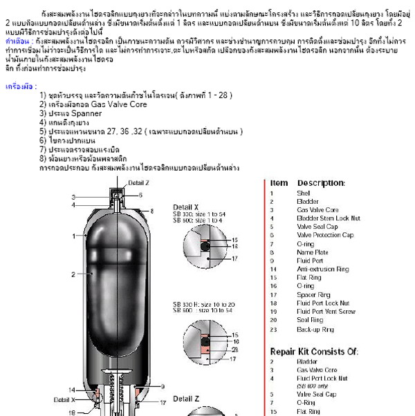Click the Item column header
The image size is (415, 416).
[278, 182]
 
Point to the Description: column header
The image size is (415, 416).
[321, 182]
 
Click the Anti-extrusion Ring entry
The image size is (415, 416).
[323, 270]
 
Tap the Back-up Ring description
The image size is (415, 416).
[315, 328]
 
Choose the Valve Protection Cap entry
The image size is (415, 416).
[324, 235]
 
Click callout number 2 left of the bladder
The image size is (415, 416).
[73, 274]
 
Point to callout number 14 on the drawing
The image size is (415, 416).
[72, 391]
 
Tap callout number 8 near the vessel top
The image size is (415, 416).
[152, 209]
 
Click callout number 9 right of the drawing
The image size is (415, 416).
[163, 386]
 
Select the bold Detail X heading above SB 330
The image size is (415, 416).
[185, 207]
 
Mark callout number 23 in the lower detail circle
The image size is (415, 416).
[234, 350]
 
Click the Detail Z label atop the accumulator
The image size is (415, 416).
[138, 182]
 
